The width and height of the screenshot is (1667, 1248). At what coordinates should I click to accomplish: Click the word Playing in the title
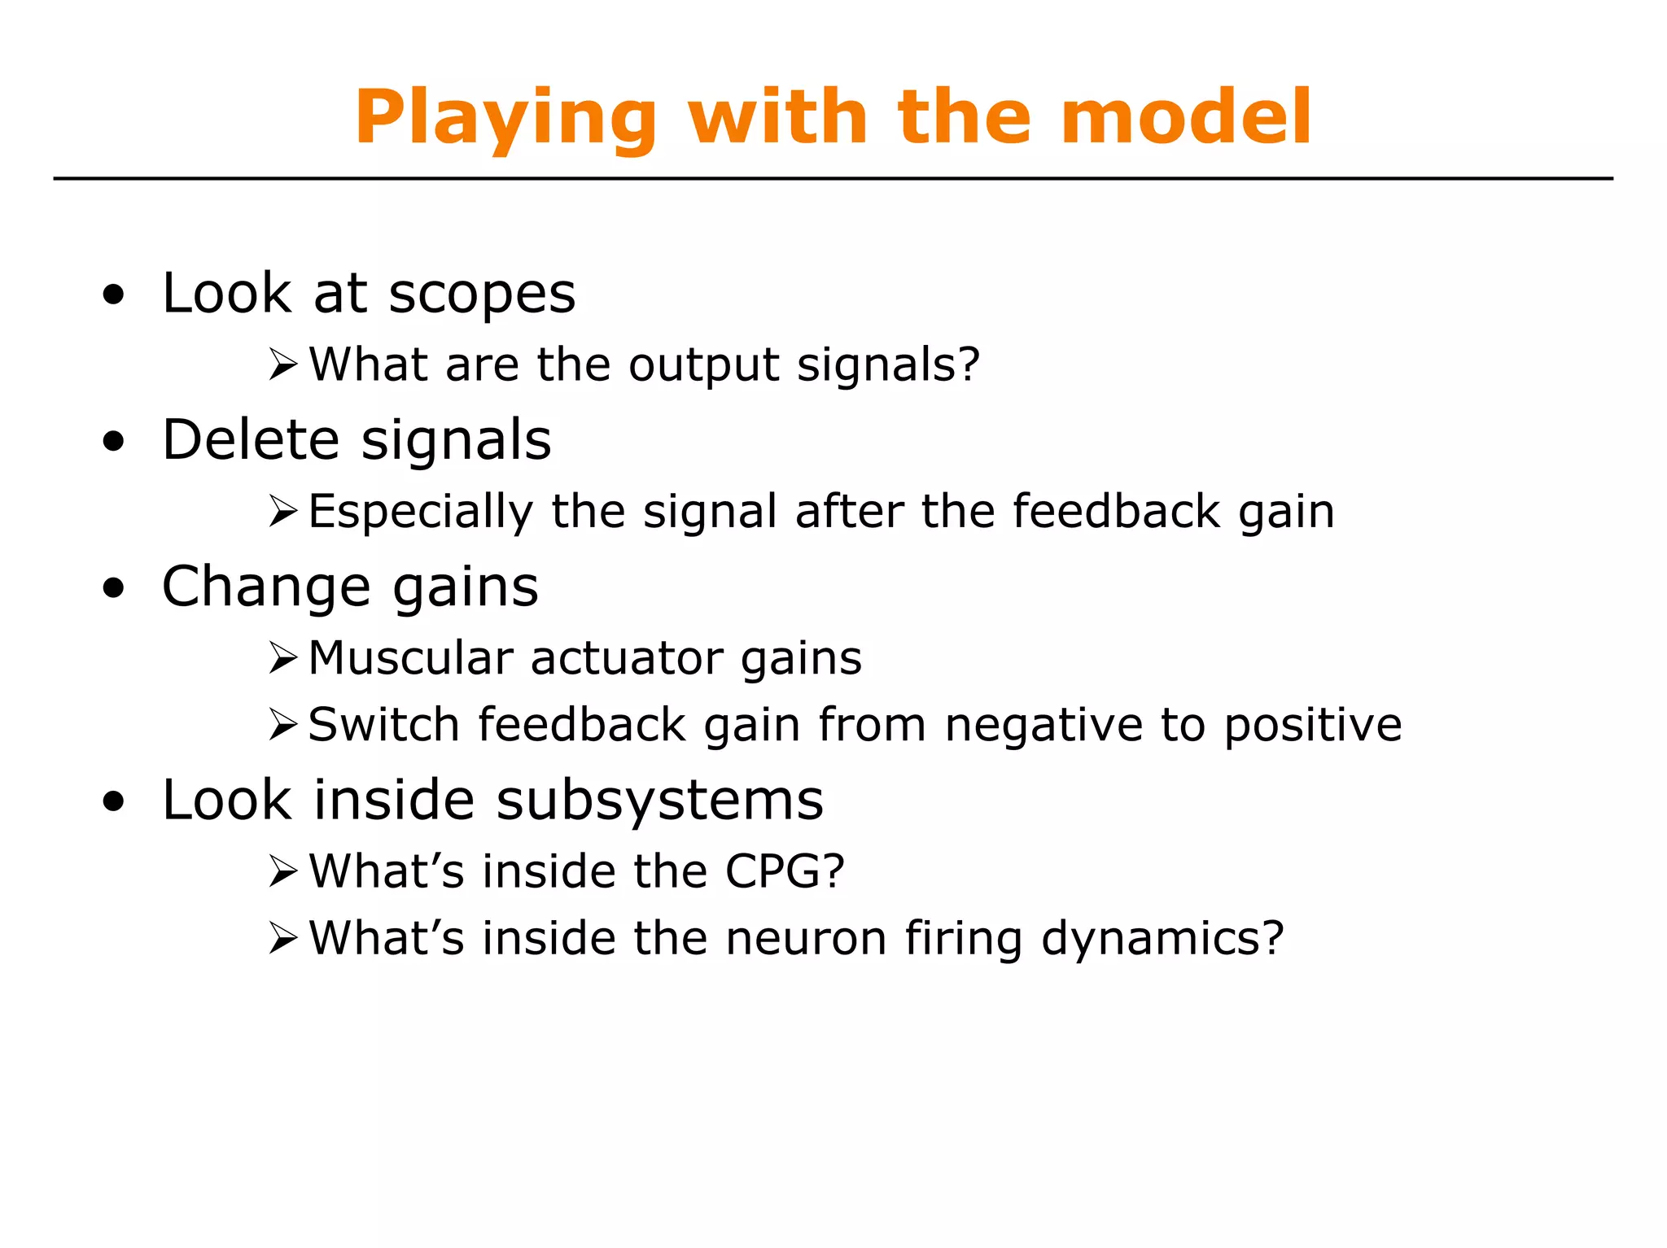tap(505, 119)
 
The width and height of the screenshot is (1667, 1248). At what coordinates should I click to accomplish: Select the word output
tap(703, 365)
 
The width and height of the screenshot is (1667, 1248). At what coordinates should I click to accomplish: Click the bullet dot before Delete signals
tap(114, 442)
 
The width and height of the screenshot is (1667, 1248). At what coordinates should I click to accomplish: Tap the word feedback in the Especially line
tap(1116, 512)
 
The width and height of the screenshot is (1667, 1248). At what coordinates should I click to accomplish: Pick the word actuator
tap(627, 658)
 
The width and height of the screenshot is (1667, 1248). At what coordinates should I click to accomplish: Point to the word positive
tap(1312, 725)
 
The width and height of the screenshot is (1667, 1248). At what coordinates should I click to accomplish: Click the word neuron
tap(805, 938)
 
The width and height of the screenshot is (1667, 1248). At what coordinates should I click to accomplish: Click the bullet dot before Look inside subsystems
tap(114, 802)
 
